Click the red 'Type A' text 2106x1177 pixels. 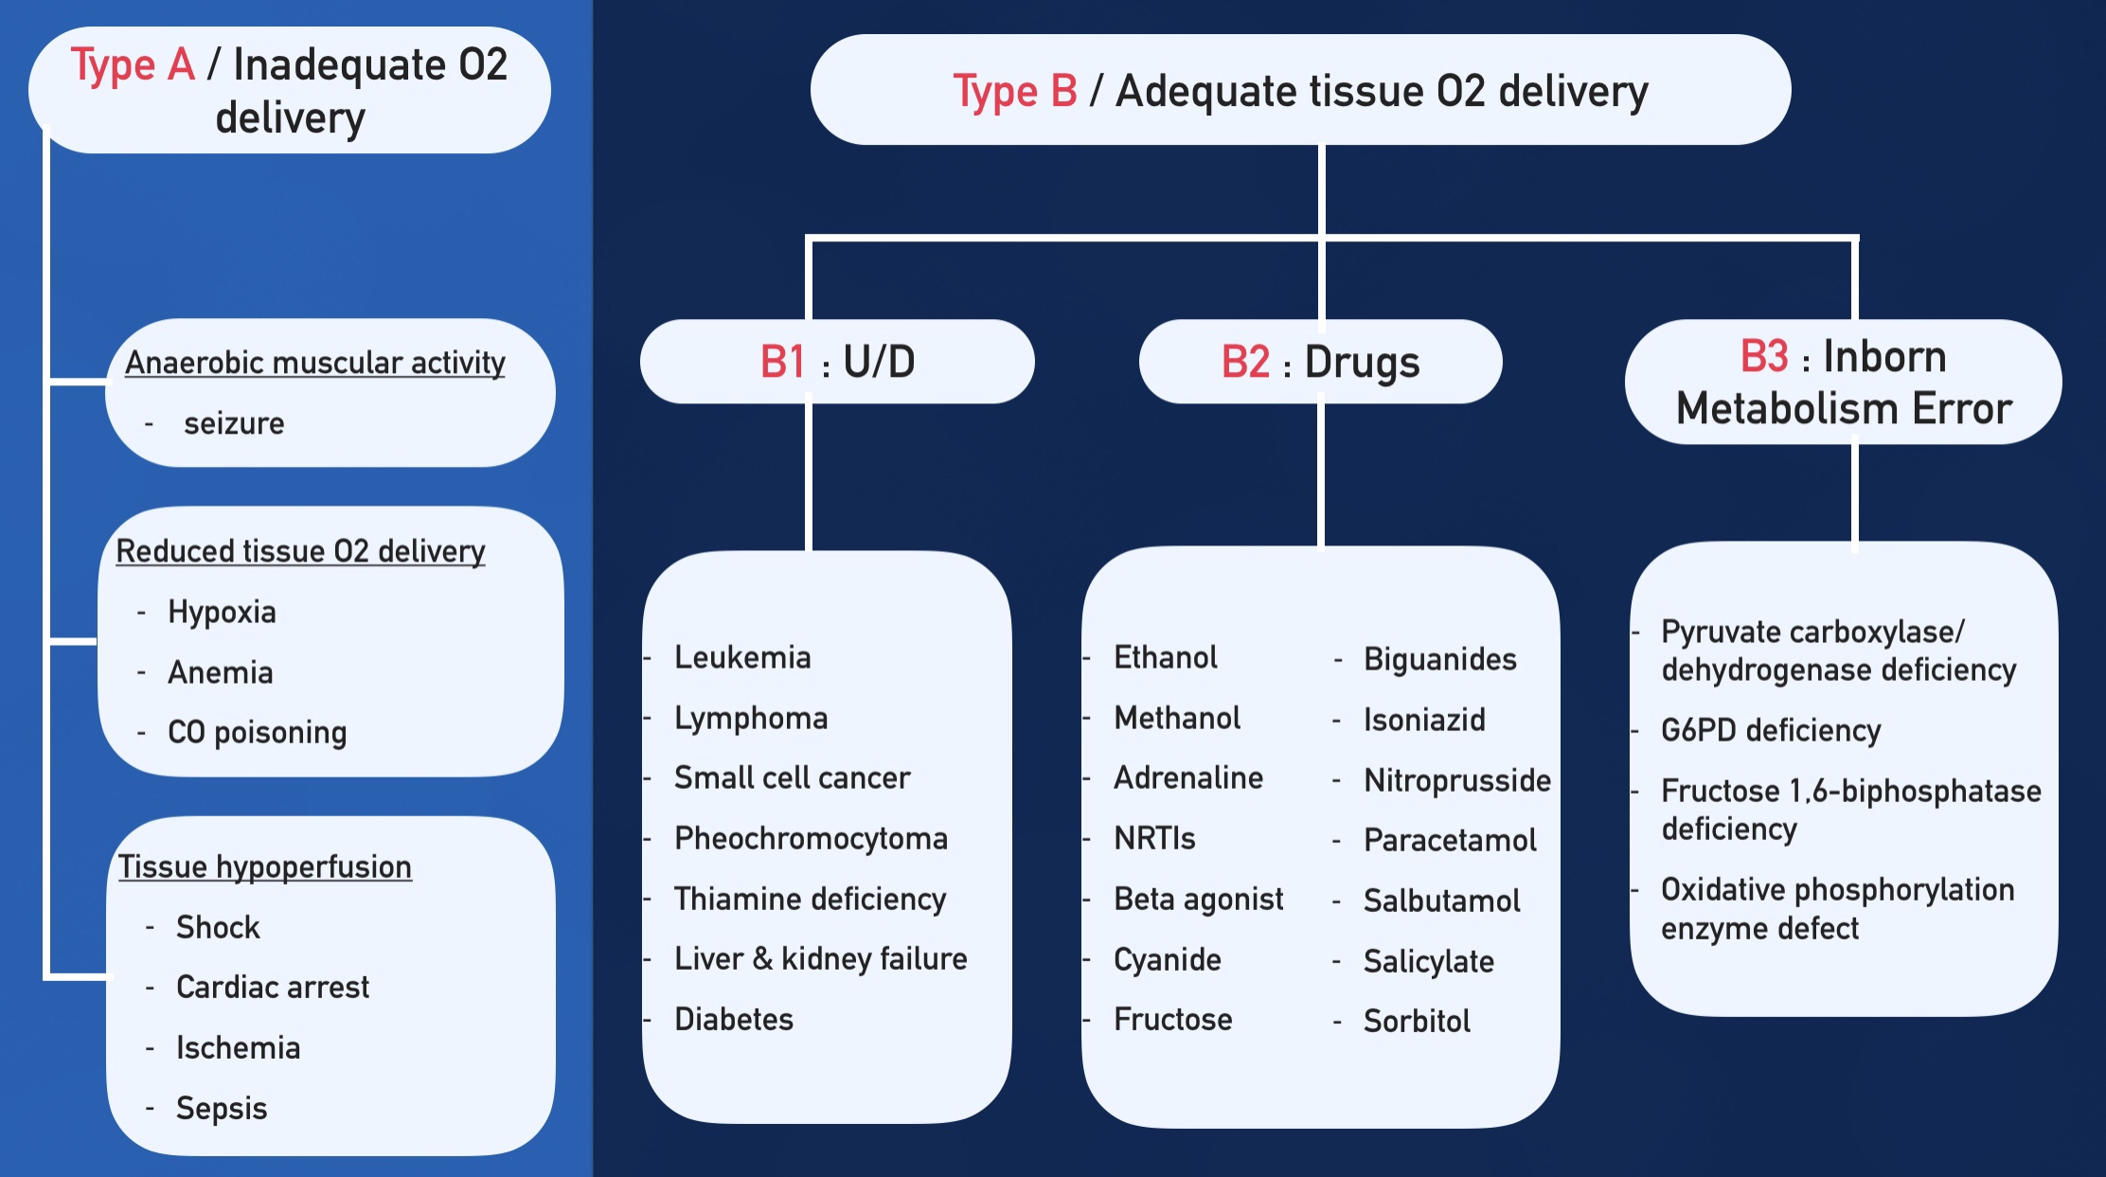point(133,65)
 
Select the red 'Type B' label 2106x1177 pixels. point(1014,92)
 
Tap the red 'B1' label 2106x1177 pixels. point(782,362)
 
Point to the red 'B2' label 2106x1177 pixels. point(1244,362)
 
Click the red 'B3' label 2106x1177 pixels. point(1763,357)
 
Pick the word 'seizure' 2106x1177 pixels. point(234,423)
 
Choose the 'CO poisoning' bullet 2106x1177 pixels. point(257,732)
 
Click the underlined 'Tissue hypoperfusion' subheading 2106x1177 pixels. point(265,866)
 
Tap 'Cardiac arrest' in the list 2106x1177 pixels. point(273,987)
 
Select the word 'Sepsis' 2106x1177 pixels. point(222,1108)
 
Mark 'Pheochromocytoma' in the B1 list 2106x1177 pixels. point(811,838)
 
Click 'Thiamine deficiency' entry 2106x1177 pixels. point(810,899)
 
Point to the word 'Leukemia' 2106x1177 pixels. point(742,657)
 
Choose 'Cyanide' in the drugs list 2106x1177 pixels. point(1168,959)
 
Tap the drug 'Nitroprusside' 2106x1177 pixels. point(1456,780)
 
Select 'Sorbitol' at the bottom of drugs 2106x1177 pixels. point(1417,1021)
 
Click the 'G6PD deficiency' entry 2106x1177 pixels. point(1771,730)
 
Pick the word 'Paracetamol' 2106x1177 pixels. point(1450,840)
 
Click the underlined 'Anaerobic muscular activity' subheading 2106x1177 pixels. point(315,363)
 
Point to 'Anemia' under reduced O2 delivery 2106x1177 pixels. point(221,672)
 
